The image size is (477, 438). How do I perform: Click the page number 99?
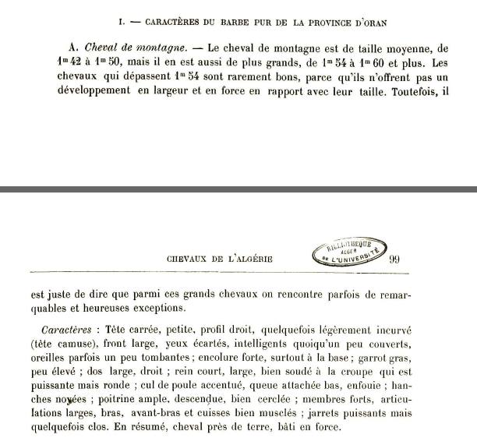click(x=394, y=260)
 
